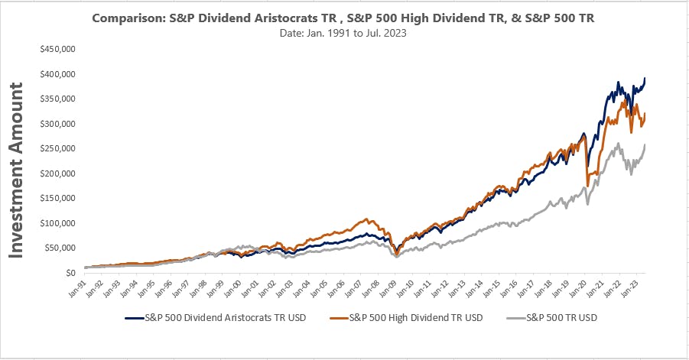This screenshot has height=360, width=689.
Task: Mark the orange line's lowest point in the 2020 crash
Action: point(587,185)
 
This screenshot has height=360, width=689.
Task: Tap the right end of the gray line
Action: point(646,144)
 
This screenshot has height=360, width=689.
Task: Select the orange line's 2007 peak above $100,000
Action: point(367,219)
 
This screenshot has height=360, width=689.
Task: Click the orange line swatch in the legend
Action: point(329,317)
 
